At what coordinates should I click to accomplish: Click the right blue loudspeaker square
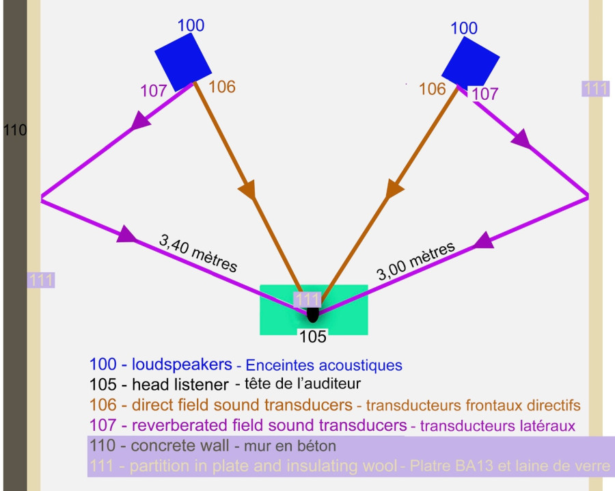point(471,63)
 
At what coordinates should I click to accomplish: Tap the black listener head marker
point(313,314)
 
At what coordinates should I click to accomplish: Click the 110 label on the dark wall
point(14,129)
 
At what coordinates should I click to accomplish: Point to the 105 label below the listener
point(314,336)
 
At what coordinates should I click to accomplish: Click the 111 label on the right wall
point(595,88)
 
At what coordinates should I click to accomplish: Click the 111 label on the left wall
point(40,280)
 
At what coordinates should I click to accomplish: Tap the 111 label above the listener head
point(307,299)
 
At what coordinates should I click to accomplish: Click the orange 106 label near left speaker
point(221,87)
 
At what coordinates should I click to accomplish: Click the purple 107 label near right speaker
point(485,94)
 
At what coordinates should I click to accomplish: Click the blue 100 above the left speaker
point(191,26)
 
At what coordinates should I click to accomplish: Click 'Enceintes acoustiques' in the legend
point(323,364)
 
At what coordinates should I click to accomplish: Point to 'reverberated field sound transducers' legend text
point(264,425)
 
